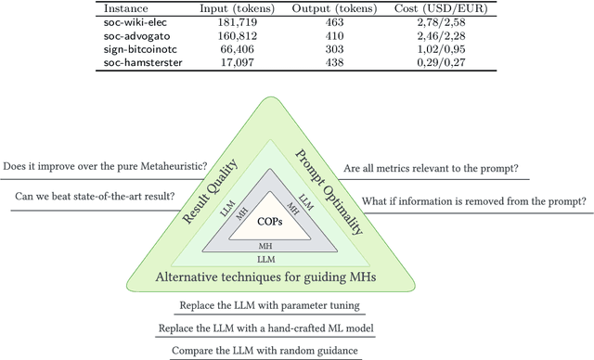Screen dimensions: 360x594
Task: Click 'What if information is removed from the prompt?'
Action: [x=473, y=201]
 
